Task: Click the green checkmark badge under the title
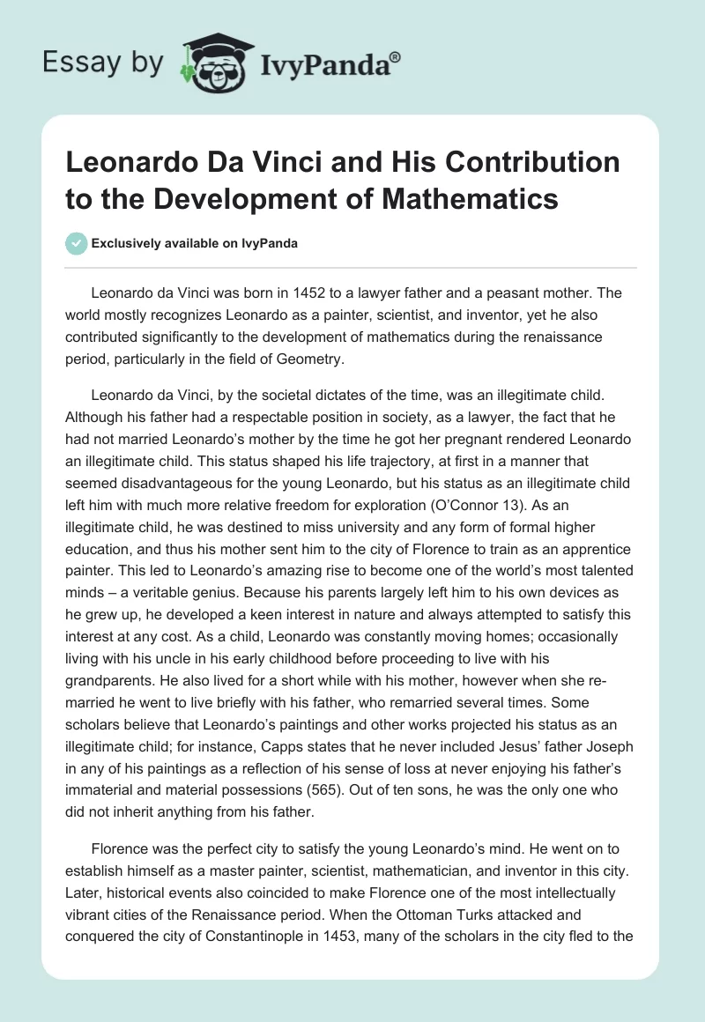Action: click(x=76, y=243)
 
